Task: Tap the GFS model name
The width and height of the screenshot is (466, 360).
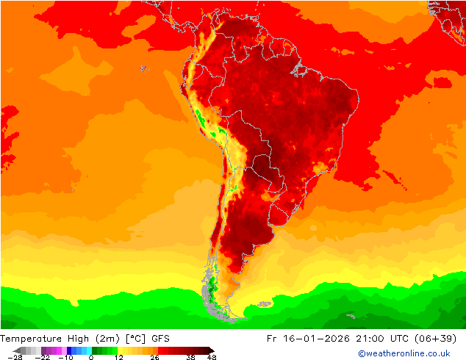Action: tap(161, 339)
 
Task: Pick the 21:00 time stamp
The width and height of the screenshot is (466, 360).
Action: tap(375, 339)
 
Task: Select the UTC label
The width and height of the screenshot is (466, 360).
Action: tap(407, 339)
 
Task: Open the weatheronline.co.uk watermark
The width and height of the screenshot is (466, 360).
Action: tap(404, 353)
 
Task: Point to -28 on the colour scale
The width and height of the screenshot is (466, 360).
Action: tap(14, 358)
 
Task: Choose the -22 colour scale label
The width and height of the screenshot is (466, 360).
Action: tap(42, 358)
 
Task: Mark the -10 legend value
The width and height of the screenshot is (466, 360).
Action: tap(66, 358)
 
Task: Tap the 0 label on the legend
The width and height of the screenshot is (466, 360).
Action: tap(91, 358)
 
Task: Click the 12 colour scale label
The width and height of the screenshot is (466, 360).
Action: tap(118, 358)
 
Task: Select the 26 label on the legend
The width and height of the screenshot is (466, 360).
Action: tap(154, 358)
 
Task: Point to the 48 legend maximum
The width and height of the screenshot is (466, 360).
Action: tap(212, 358)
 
